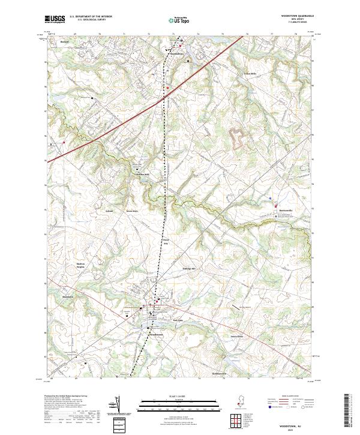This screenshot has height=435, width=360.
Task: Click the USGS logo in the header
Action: pos(55,20)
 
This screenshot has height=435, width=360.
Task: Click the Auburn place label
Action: pos(92,211)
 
